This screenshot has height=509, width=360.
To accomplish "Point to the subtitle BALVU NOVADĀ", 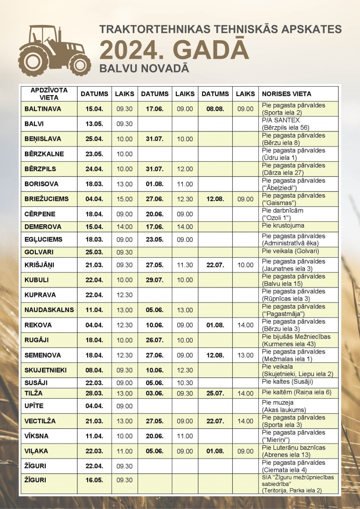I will pyautogui.click(x=144, y=68).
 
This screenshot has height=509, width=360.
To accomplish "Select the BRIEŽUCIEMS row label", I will pyautogui.click(x=46, y=199).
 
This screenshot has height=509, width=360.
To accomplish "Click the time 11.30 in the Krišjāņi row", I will pyautogui.click(x=185, y=265).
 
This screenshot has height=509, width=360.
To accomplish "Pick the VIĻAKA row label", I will pyautogui.click(x=36, y=451).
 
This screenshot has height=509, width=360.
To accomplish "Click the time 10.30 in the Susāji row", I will pyautogui.click(x=185, y=382).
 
